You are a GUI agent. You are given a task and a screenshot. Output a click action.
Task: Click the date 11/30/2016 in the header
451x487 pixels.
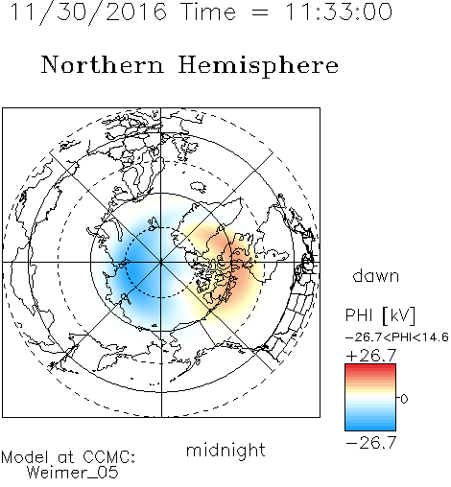[x=88, y=12]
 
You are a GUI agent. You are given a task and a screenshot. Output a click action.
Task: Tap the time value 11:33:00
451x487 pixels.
[x=338, y=12]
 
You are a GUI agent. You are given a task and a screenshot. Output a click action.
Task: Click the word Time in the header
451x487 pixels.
[x=208, y=12]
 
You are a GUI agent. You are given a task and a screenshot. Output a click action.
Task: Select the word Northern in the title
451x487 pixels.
[x=102, y=64]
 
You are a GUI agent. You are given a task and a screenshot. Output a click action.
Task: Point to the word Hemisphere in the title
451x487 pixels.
[x=258, y=66]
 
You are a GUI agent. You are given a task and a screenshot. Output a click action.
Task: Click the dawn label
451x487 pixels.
[x=376, y=276]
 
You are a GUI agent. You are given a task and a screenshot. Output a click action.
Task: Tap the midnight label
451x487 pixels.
[x=225, y=450]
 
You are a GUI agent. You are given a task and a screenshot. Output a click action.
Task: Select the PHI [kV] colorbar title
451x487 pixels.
[x=380, y=315]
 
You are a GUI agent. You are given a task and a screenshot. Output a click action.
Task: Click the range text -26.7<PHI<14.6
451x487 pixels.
[x=397, y=337]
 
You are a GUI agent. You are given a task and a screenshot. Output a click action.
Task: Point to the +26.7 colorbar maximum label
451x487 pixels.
[x=371, y=356]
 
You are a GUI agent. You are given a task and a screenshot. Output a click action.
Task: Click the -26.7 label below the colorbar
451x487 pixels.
[x=371, y=443]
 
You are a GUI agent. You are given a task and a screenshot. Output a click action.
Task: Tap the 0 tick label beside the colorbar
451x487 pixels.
[x=404, y=399]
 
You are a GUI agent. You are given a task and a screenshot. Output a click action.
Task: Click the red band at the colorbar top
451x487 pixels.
[x=370, y=368]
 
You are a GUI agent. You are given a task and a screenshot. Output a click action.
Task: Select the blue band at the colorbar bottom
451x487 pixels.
[x=370, y=426]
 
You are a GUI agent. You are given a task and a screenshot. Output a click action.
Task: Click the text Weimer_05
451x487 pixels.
[x=73, y=473]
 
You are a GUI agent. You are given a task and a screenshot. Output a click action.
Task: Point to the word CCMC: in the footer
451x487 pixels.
[x=108, y=457]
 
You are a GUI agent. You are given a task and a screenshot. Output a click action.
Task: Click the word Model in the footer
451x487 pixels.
[x=25, y=457]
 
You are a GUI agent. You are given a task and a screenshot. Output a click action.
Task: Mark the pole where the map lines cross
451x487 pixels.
[x=161, y=262]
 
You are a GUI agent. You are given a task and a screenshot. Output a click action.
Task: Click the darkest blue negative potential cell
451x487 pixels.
[x=134, y=267]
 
